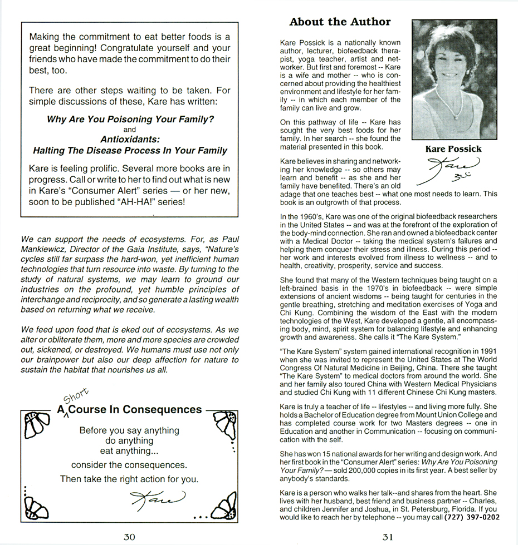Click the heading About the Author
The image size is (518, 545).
pos(340,22)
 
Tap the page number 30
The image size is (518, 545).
pos(129,536)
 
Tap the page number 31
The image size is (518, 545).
pos(388,536)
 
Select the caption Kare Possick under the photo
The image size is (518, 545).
pos(453,148)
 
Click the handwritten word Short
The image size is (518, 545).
pos(76,395)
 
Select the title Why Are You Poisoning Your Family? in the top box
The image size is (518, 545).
pos(130,120)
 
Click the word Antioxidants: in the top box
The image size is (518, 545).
pos(130,140)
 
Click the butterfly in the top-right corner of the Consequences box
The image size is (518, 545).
pos(223,425)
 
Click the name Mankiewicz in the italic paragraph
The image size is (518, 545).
pos(46,250)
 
